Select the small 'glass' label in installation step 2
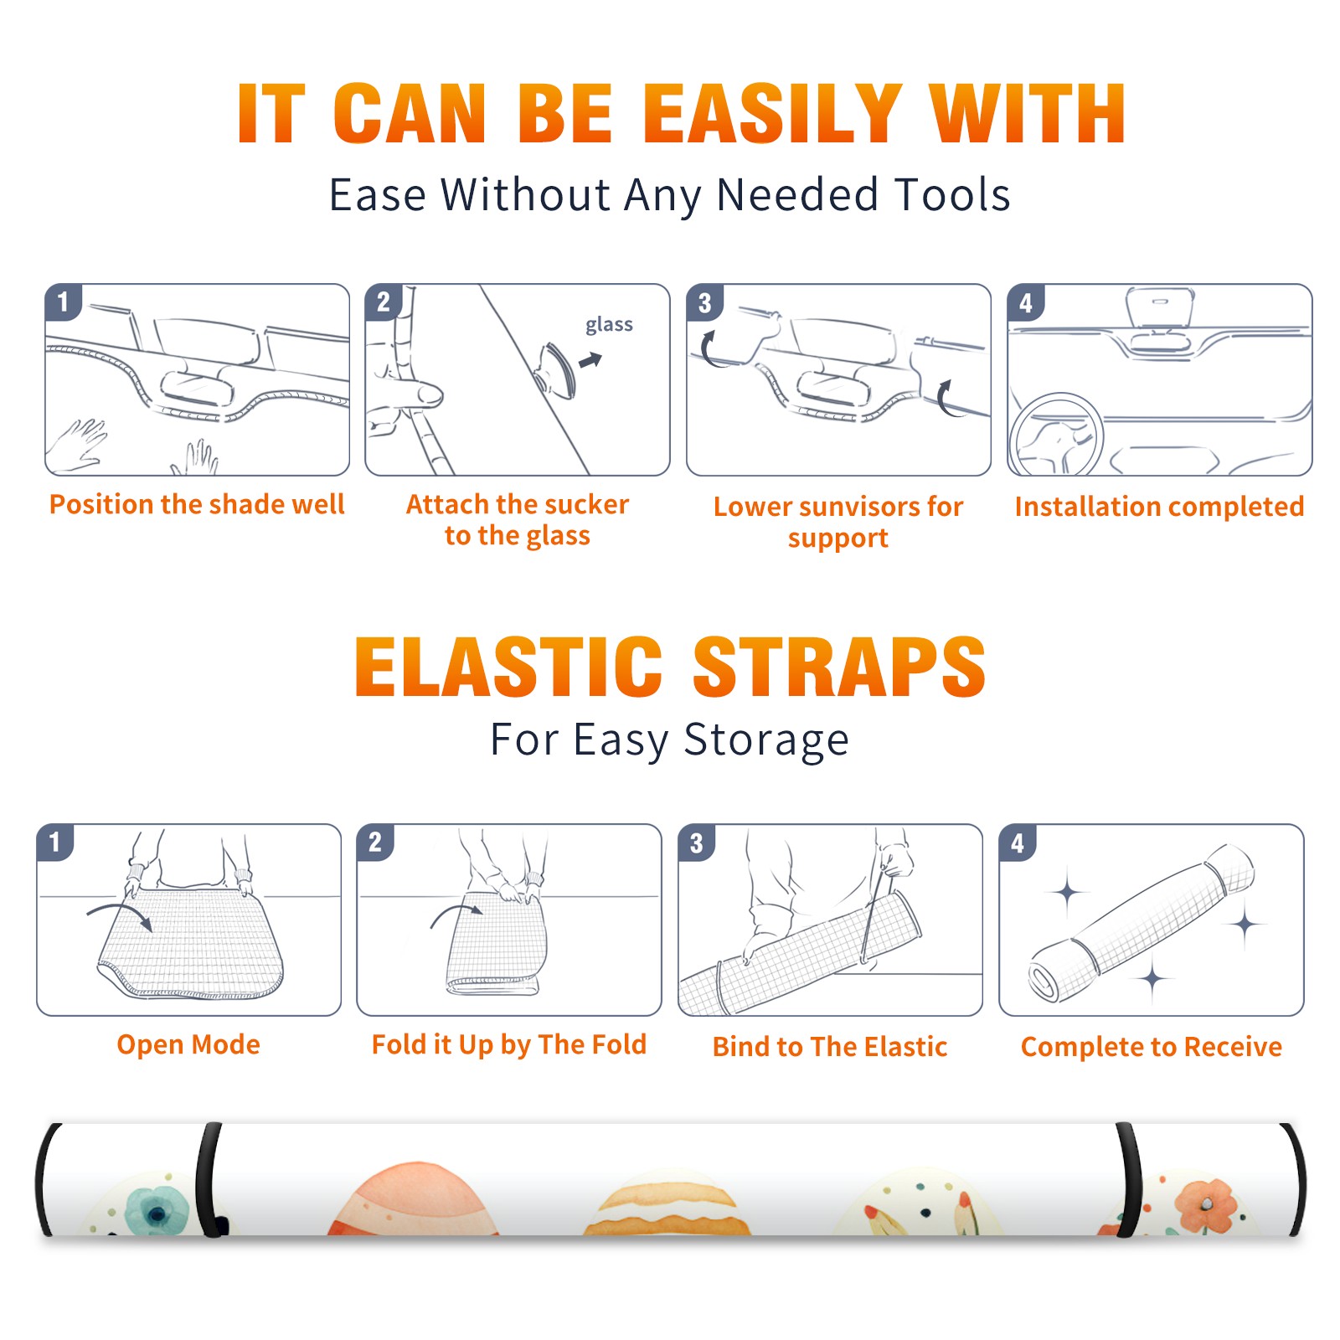tap(609, 324)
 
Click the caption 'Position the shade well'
tap(197, 504)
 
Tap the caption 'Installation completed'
tap(1159, 507)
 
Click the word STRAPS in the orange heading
tap(839, 667)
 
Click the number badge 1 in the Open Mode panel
tap(55, 842)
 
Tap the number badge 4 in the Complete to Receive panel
tap(1018, 843)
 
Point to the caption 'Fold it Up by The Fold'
tap(509, 1045)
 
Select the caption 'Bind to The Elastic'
tap(830, 1047)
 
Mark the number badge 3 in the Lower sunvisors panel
tap(704, 302)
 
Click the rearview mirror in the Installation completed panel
tap(1159, 309)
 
